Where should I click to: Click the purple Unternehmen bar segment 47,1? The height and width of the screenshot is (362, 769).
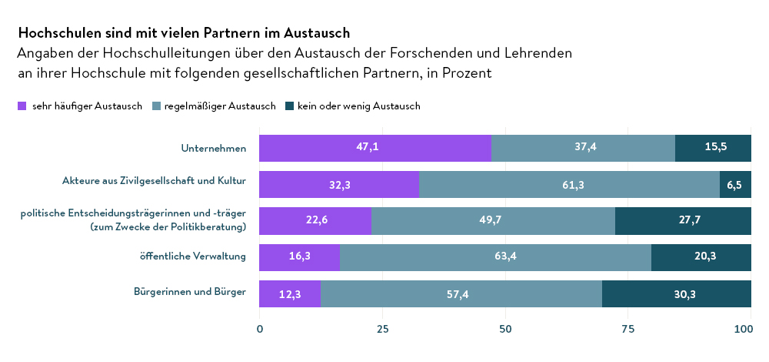coord(375,148)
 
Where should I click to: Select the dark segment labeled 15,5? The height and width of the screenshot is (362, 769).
coord(713,148)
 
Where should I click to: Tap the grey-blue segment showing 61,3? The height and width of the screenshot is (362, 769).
coord(569,185)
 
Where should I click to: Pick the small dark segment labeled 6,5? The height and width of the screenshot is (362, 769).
coord(735,185)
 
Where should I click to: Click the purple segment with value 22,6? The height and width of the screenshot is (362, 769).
coord(315,221)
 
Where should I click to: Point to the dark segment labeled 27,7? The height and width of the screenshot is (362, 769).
coord(683,221)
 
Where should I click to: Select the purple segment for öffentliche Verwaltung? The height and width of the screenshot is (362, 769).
coord(299,257)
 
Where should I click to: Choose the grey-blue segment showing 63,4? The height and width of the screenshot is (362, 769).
coord(495,257)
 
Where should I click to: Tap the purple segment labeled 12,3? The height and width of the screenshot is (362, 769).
coord(290,294)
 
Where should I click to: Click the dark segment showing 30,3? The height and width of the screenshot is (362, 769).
coord(677,294)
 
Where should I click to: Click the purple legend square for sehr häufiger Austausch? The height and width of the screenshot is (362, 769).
coord(22,106)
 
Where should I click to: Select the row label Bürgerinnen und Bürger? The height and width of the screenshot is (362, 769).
coord(190,292)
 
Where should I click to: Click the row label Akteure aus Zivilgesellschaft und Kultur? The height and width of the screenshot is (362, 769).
coord(154,182)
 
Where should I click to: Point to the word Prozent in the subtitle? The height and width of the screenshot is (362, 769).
coord(465,74)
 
